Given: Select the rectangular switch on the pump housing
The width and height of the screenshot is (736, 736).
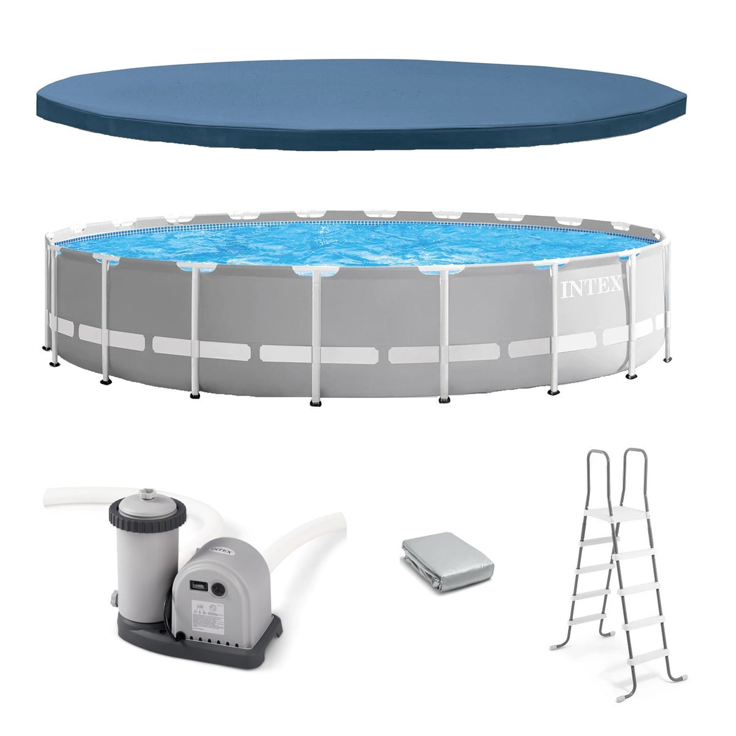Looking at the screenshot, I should pos(198,583).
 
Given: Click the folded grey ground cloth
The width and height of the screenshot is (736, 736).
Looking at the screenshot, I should pos(448,565).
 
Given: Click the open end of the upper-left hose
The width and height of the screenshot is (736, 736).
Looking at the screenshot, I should pos(48,496).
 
